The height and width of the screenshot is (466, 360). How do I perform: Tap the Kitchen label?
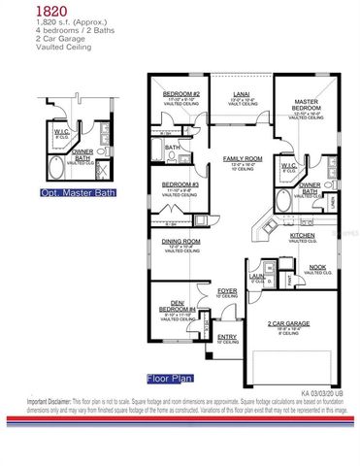[x=302, y=235]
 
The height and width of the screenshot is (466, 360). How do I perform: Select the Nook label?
[x=315, y=269]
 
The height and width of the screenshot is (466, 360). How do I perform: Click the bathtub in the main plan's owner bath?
[x=281, y=203]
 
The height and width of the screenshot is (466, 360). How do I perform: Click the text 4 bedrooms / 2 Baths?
[x=39, y=28]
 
